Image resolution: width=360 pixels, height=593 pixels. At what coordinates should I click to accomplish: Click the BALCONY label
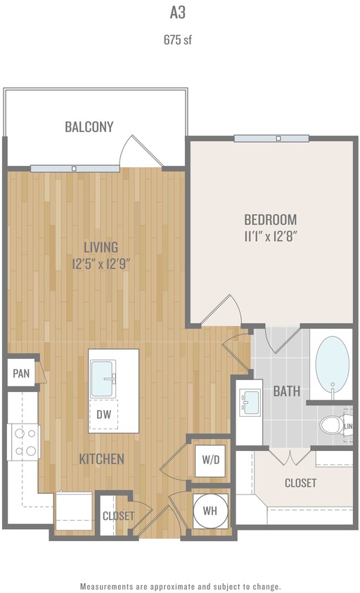click(x=89, y=127)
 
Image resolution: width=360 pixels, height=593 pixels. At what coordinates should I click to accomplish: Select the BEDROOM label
click(x=271, y=219)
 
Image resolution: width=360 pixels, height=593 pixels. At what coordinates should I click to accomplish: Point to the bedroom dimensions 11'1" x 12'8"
click(x=271, y=236)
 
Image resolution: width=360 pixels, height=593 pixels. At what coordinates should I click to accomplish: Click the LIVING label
click(x=101, y=247)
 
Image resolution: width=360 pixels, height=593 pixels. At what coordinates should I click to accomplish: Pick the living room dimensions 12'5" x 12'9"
click(x=101, y=264)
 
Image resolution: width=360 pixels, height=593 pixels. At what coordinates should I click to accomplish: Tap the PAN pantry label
click(x=21, y=373)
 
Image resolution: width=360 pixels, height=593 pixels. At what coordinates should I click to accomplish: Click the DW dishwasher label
click(x=103, y=415)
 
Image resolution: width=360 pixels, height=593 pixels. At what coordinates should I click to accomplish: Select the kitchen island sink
click(x=103, y=379)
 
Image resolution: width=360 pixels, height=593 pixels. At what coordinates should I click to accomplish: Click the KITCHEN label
click(x=102, y=459)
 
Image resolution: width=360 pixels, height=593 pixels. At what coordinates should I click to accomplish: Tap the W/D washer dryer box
click(x=210, y=460)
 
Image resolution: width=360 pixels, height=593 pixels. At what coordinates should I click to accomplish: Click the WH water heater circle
click(x=210, y=511)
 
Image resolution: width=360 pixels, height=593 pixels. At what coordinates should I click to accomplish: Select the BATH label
click(x=287, y=391)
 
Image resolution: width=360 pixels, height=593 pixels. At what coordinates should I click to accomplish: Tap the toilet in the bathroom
click(x=332, y=425)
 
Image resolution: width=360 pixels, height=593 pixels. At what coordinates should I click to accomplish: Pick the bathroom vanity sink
click(x=250, y=403)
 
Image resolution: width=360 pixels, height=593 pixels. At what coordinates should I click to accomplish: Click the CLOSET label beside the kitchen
click(x=118, y=516)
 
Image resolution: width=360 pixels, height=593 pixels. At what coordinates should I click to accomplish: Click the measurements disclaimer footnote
click(x=180, y=586)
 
